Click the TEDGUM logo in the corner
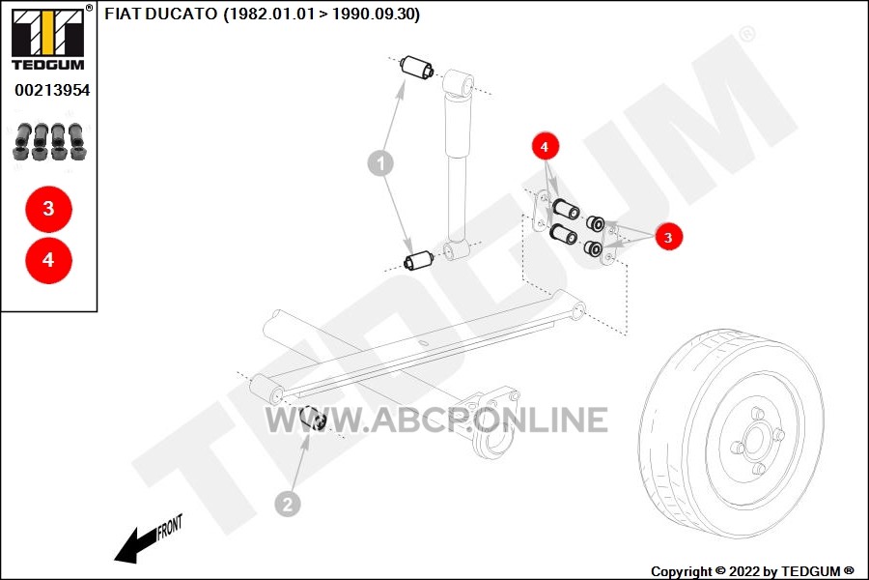pos(48,39)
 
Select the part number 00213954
pos(52,90)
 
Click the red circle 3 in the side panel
pos(49,209)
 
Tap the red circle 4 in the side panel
pos(49,260)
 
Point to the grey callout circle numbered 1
pos(380,163)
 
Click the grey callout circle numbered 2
pos(288,505)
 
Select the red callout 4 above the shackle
pos(545,147)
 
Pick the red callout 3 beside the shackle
pos(668,237)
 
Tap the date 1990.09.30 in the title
pos(373,14)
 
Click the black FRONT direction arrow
pos(136,545)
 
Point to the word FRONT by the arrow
pos(170,527)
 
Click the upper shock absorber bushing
pos(418,68)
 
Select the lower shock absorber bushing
pos(419,260)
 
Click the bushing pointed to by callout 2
pos(314,419)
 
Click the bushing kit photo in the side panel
pos(50,141)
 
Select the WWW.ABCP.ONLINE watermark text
pos(436,420)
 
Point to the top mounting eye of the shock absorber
pos(460,83)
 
